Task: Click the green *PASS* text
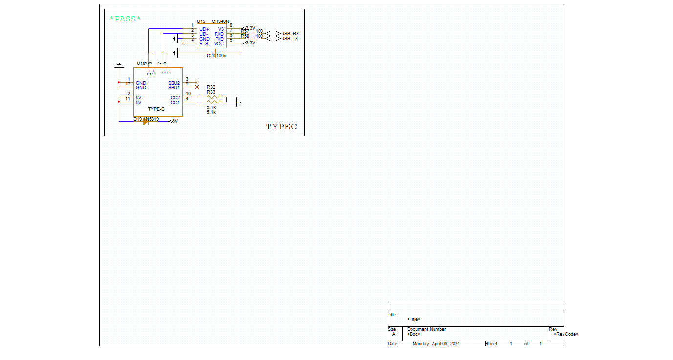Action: pyautogui.click(x=125, y=19)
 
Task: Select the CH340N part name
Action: pyautogui.click(x=220, y=21)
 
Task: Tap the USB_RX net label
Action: pyautogui.click(x=290, y=34)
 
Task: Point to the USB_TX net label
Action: pyautogui.click(x=290, y=39)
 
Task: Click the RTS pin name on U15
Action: pyautogui.click(x=204, y=44)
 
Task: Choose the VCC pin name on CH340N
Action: pyautogui.click(x=218, y=44)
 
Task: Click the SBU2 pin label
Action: pyautogui.click(x=174, y=83)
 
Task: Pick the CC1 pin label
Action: pyautogui.click(x=175, y=103)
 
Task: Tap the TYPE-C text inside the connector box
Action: pyautogui.click(x=156, y=109)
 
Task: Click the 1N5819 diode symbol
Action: pyautogui.click(x=146, y=122)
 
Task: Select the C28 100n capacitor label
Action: pyautogui.click(x=216, y=56)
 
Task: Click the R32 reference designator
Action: pyautogui.click(x=211, y=87)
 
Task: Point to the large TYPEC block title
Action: pyautogui.click(x=281, y=127)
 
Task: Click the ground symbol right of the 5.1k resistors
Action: pyautogui.click(x=239, y=102)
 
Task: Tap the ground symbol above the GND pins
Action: pyautogui.click(x=118, y=65)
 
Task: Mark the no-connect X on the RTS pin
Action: pyautogui.click(x=183, y=43)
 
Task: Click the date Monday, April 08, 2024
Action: pyautogui.click(x=436, y=344)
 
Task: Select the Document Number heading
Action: pyautogui.click(x=426, y=329)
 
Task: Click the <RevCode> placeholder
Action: pyautogui.click(x=565, y=334)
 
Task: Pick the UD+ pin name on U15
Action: pyautogui.click(x=204, y=29)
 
